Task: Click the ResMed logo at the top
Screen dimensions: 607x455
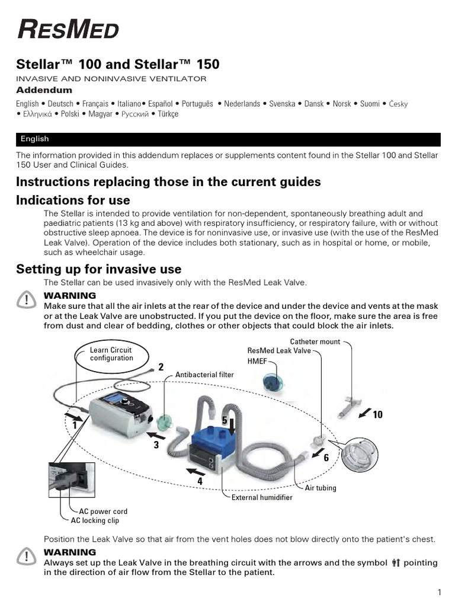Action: click(68, 29)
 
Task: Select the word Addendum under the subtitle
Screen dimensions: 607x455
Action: click(44, 91)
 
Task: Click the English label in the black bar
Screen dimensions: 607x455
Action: click(34, 139)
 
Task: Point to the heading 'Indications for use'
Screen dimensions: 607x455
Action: click(73, 200)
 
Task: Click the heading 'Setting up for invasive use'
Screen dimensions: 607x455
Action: click(98, 270)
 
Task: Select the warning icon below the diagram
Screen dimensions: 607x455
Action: click(27, 556)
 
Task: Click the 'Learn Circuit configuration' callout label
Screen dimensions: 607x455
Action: click(111, 354)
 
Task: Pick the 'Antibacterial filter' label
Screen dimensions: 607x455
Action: click(204, 375)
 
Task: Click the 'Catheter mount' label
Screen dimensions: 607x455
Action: click(315, 342)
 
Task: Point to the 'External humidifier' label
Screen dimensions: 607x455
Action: click(262, 498)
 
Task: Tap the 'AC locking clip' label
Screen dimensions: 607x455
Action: click(95, 520)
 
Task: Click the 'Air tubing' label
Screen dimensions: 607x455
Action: click(321, 488)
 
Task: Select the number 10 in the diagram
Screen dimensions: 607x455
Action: click(377, 415)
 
